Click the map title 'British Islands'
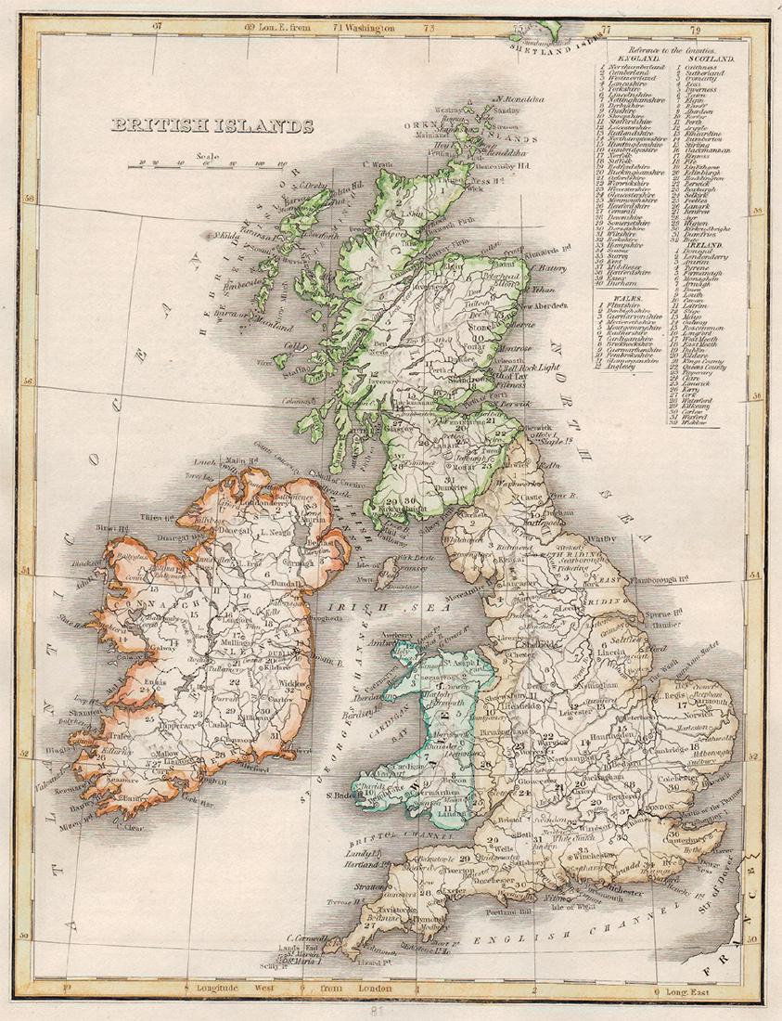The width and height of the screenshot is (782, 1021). tap(212, 126)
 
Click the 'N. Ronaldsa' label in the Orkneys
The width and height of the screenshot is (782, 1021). tap(521, 99)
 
